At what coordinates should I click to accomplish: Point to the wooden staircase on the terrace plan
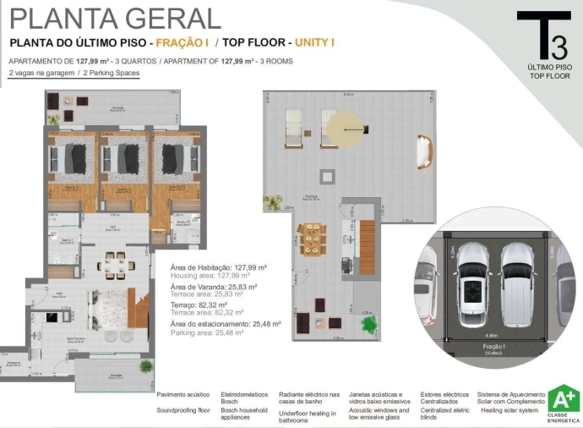(x=366, y=246)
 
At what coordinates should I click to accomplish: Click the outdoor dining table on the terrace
(x=313, y=239)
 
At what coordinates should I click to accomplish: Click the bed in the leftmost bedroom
(x=72, y=157)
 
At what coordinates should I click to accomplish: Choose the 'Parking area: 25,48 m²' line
(x=207, y=332)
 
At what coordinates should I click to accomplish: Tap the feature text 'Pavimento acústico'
(x=183, y=394)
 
